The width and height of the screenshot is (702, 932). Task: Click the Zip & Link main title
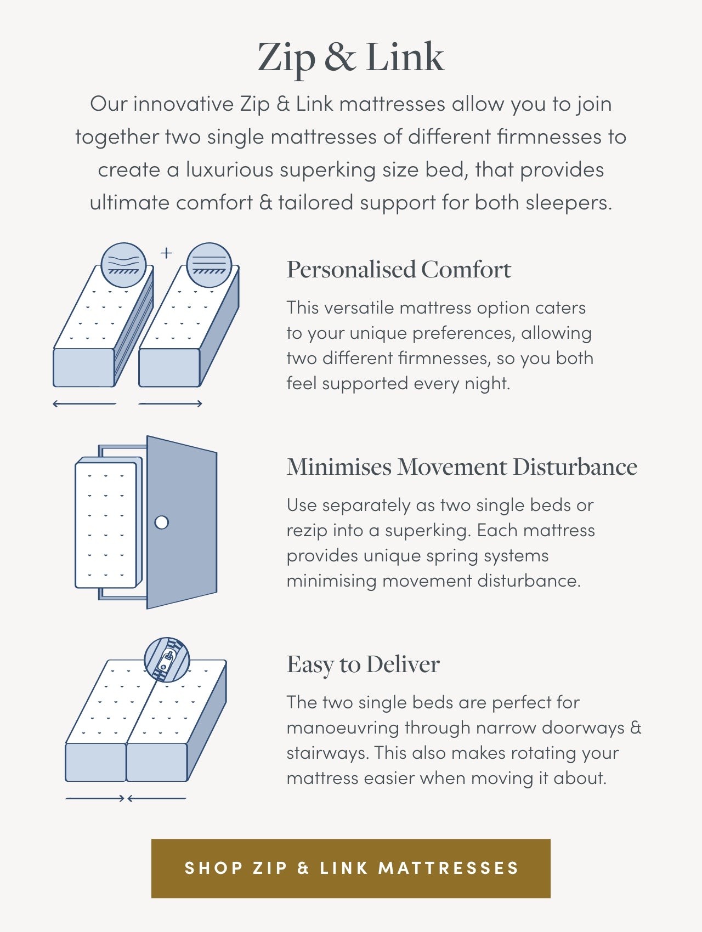tap(351, 56)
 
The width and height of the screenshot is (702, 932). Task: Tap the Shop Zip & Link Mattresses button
tap(351, 868)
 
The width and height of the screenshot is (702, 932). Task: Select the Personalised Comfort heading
tap(399, 270)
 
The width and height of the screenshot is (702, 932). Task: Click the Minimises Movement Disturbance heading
tap(462, 467)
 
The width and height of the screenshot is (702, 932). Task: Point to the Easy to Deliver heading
tap(363, 664)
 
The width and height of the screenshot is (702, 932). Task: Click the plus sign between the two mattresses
tap(166, 253)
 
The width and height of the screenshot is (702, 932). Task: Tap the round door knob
tap(162, 522)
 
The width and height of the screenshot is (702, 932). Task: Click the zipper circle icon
tap(167, 660)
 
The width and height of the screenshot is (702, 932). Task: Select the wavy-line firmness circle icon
tap(124, 265)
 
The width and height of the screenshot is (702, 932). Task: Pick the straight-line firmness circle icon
tap(209, 265)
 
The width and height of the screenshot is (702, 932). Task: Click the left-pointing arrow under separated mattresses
tap(84, 404)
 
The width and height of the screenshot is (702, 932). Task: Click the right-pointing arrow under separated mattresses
tap(171, 404)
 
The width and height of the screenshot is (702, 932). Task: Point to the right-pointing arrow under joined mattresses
tap(95, 799)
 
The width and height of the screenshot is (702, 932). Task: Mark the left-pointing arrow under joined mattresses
tap(157, 799)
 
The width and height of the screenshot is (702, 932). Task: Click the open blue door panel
tap(182, 522)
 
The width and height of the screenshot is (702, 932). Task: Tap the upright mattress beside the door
tap(106, 525)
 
